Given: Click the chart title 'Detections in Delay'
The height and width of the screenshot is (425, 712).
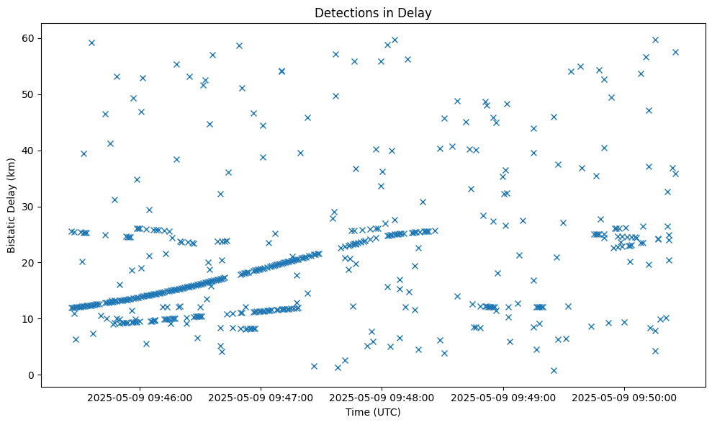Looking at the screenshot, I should tap(373, 13).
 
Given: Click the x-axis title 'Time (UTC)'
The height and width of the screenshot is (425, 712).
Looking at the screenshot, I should tap(373, 413).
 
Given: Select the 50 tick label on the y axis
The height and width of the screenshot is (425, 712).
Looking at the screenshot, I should tap(30, 94).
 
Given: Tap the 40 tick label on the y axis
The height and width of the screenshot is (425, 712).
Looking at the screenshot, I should tap(30, 151).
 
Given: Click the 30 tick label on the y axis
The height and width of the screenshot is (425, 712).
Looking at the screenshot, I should tap(30, 207).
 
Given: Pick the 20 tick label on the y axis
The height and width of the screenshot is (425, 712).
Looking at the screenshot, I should tap(30, 263).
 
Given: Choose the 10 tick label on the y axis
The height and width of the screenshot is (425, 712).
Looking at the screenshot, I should tap(30, 319).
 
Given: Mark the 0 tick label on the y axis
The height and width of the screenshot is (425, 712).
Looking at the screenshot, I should tap(33, 375).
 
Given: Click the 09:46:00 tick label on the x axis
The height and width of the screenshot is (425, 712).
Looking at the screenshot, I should tap(140, 397).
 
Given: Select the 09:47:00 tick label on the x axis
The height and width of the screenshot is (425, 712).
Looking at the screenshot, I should tap(261, 397).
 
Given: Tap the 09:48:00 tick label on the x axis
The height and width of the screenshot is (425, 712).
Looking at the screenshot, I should tap(382, 397).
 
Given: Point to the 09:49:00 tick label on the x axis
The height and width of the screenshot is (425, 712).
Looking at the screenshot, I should tap(503, 397).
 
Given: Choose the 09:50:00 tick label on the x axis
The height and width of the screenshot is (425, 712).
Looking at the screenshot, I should tap(623, 397).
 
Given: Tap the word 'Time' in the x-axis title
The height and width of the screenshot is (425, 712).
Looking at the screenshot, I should tap(357, 413).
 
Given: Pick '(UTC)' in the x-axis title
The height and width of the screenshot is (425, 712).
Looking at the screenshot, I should tap(386, 413).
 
